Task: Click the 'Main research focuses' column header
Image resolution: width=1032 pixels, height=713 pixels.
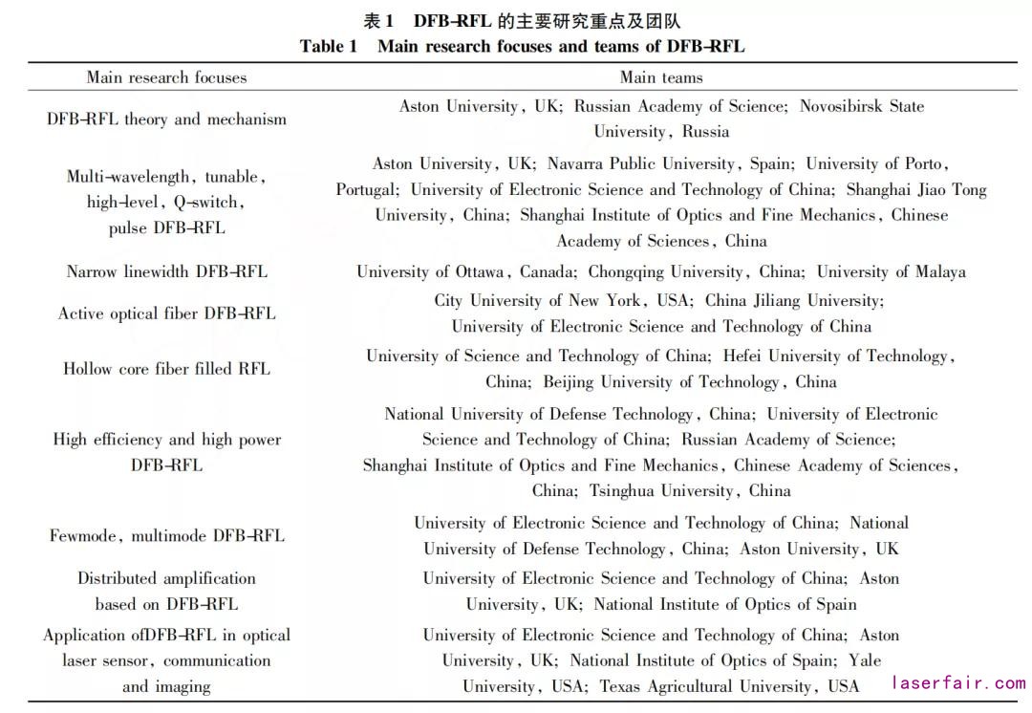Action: pos(166,77)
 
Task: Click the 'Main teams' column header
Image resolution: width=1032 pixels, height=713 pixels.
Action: pos(661,77)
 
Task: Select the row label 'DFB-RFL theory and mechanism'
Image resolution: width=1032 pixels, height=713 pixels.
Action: pos(166,119)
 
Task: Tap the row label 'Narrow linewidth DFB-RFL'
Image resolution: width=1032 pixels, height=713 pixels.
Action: pos(167,271)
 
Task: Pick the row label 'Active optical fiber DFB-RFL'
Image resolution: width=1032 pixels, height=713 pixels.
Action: pos(167,313)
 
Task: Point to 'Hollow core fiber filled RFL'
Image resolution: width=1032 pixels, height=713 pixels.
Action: pos(167,369)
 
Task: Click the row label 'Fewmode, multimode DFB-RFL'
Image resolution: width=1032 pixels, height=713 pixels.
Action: pos(167,535)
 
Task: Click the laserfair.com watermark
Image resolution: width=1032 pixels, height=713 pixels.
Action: pos(957,682)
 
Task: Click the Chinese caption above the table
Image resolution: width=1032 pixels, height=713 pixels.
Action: pos(522,21)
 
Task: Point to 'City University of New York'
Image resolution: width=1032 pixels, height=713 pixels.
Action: pos(538,300)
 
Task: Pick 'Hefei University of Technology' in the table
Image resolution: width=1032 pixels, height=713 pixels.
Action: pos(835,356)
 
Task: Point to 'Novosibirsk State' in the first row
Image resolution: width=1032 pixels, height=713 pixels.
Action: pos(862,106)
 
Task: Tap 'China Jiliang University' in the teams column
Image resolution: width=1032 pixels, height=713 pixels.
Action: pos(791,300)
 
